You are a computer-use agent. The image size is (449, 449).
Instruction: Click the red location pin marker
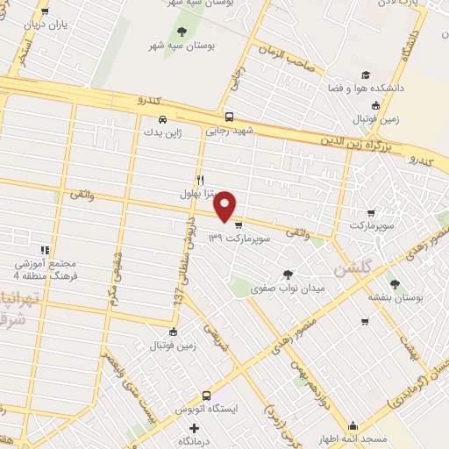pyautogui.click(x=225, y=205)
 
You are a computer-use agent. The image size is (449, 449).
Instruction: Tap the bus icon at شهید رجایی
pyautogui.click(x=228, y=117)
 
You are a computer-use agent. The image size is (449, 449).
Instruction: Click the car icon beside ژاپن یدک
pyautogui.click(x=162, y=119)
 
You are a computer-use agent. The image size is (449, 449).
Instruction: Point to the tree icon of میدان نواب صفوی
pyautogui.click(x=289, y=274)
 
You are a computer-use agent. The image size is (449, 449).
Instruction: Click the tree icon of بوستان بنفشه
pyautogui.click(x=394, y=283)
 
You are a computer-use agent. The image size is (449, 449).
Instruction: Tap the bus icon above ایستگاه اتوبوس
pyautogui.click(x=207, y=395)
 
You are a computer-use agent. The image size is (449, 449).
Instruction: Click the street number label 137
pyautogui.click(x=178, y=299)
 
